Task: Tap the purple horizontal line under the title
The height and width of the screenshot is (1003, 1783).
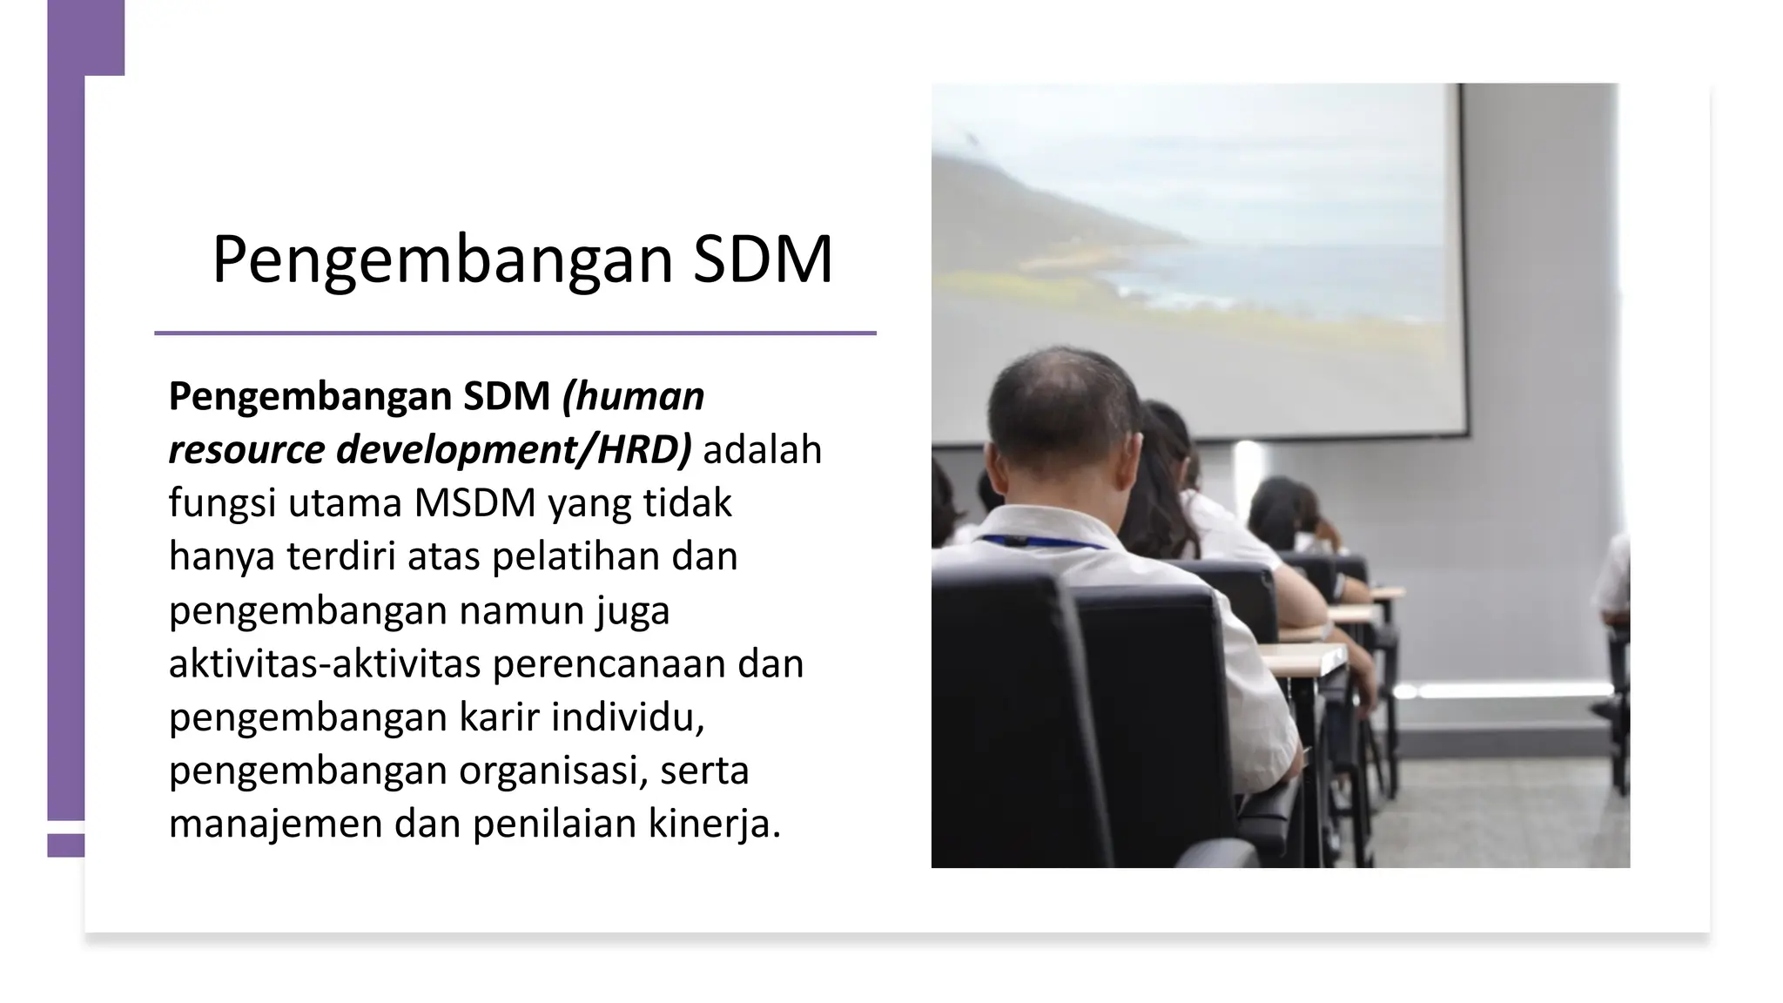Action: pyautogui.click(x=515, y=333)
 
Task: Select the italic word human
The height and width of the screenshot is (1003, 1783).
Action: pyautogui.click(x=633, y=397)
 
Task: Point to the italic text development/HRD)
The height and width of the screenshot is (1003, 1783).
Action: pyautogui.click(x=514, y=450)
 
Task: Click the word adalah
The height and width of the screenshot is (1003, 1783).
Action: pyautogui.click(x=762, y=450)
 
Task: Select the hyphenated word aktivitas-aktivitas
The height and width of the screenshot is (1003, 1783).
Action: pyautogui.click(x=324, y=663)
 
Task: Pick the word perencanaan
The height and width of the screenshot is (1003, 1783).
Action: pyautogui.click(x=609, y=663)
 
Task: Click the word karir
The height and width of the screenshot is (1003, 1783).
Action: pyautogui.click(x=498, y=717)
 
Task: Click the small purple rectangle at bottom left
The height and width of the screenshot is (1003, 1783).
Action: pyautogui.click(x=65, y=845)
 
